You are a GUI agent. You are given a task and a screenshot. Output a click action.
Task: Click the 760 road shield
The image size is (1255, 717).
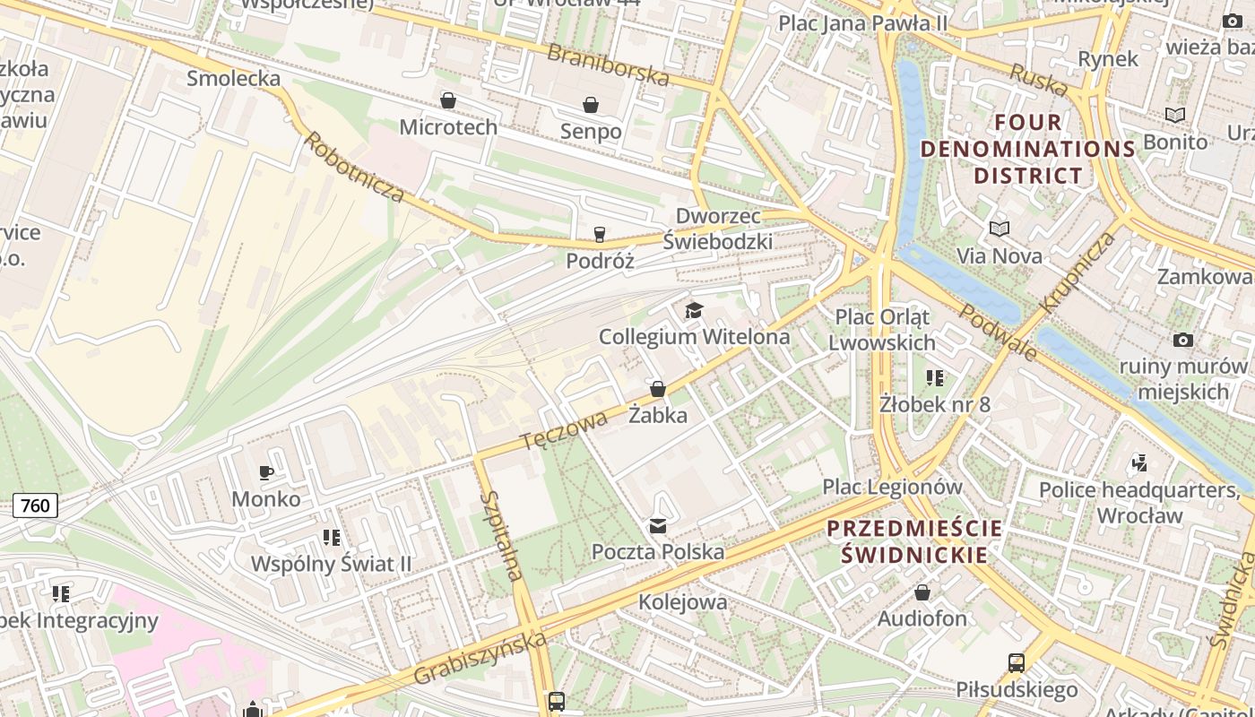coord(35,505)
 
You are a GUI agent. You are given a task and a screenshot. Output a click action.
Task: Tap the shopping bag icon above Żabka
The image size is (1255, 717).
coord(658,389)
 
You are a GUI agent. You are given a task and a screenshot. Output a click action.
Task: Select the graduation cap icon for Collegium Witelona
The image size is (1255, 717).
coord(694,311)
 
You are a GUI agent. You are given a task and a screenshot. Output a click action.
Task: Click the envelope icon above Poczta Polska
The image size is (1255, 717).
coord(658,526)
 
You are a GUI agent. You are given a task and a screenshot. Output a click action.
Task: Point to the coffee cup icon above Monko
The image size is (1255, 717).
coord(266,472)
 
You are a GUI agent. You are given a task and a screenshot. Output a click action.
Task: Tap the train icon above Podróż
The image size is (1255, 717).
coord(600,235)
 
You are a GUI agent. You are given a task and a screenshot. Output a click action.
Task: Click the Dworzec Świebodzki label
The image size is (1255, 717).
coord(718,229)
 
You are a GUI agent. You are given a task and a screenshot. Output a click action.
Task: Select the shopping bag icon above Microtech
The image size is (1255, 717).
coord(448,100)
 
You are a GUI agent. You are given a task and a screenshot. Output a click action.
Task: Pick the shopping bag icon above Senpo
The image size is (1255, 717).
coord(591,105)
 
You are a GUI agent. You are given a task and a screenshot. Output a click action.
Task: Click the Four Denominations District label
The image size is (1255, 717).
coord(1028,149)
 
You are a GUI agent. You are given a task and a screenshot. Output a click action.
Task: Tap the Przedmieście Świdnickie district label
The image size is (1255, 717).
coord(914,541)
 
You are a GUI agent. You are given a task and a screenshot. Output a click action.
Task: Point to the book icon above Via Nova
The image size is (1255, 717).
coord(1000,229)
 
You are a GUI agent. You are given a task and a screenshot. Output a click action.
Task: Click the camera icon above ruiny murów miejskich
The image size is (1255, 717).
coord(1183,341)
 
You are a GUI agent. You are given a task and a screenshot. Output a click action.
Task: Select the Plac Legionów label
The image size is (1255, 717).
coord(893,488)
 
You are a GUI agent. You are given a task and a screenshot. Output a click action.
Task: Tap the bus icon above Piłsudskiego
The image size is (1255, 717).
coord(1016,663)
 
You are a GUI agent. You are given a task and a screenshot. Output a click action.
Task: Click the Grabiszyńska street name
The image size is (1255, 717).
coord(480,660)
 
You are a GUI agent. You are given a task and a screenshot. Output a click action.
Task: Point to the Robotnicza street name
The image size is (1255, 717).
coord(353,167)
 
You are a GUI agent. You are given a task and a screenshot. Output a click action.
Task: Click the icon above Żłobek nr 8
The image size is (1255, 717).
coord(935,378)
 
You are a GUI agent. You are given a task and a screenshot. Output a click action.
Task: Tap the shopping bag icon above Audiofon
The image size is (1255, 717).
coord(922,592)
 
